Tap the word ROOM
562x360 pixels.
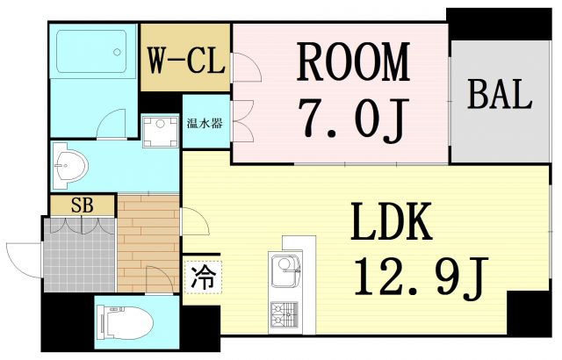pos(353,62)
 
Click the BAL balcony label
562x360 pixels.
pos(499,95)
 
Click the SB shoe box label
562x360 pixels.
pos(82,205)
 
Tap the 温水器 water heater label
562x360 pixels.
pos(205,123)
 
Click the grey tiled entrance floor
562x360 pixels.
pos(79,255)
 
